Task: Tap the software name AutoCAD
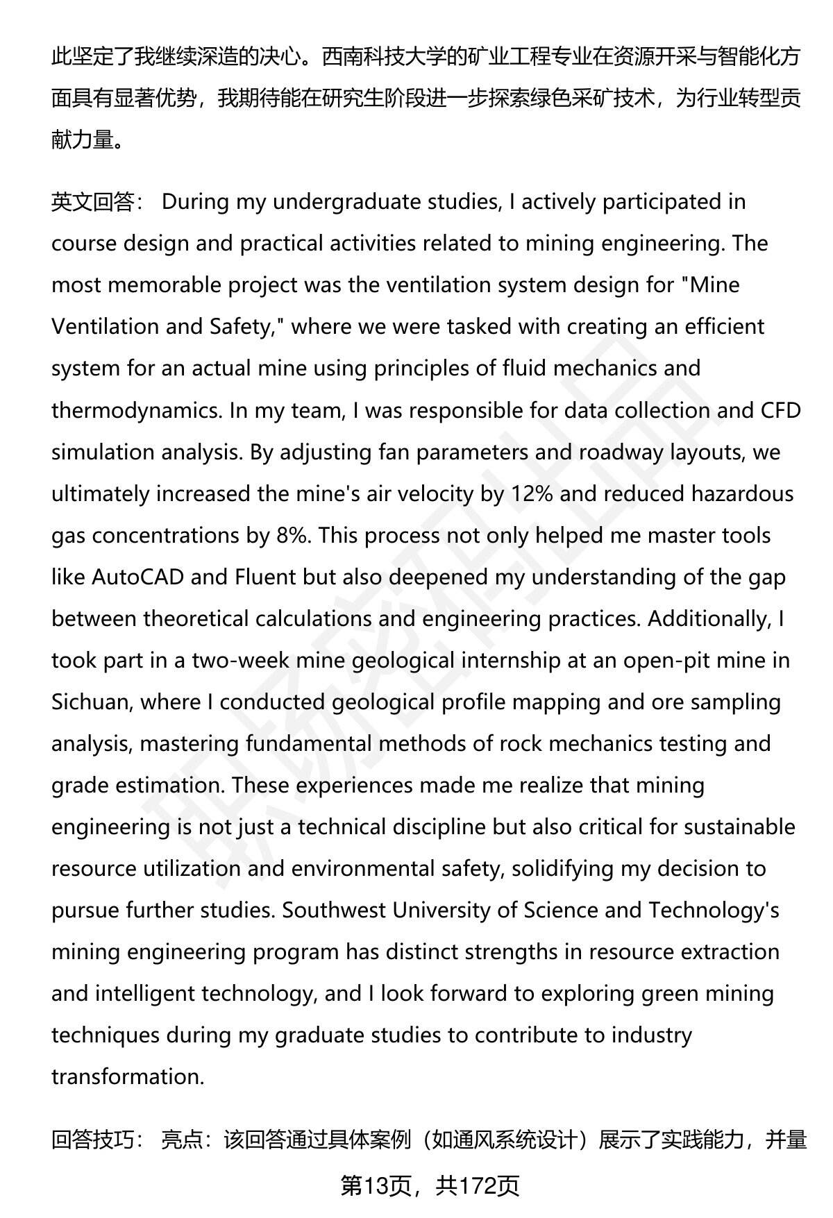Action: click(x=137, y=577)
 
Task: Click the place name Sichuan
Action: click(x=91, y=702)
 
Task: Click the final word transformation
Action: click(x=127, y=1076)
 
